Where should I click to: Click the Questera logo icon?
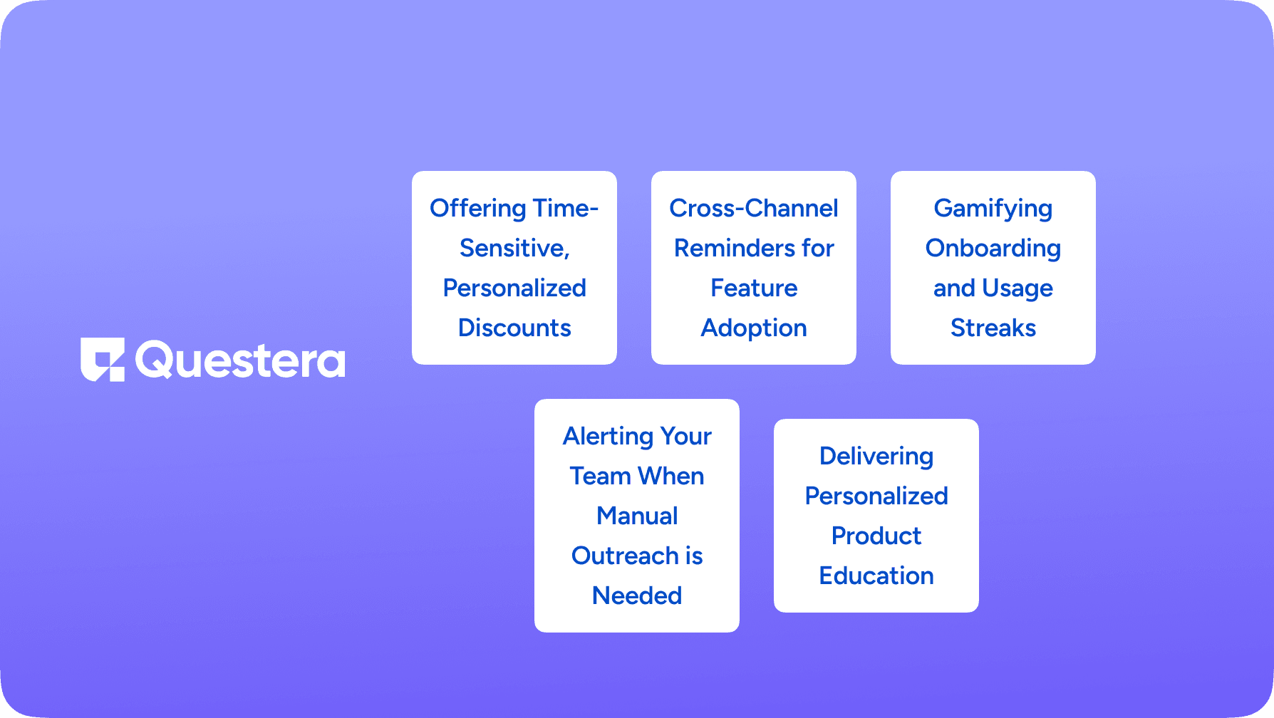click(x=103, y=360)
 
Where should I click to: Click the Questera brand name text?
click(x=240, y=360)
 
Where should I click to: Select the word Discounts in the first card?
click(x=514, y=328)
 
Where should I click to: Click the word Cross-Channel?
click(x=754, y=208)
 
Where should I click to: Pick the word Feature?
click(x=754, y=288)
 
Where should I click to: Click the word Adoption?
click(x=754, y=328)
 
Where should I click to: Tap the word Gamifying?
click(x=993, y=209)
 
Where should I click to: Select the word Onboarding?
click(x=993, y=249)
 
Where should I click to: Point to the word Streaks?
click(x=993, y=328)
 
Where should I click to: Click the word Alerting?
click(x=608, y=437)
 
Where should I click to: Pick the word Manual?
click(x=637, y=516)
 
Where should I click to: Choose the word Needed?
click(x=637, y=595)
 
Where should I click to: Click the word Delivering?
click(x=876, y=457)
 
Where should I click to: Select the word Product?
click(x=876, y=536)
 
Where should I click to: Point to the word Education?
click(x=876, y=576)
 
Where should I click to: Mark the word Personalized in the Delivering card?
click(x=876, y=496)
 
